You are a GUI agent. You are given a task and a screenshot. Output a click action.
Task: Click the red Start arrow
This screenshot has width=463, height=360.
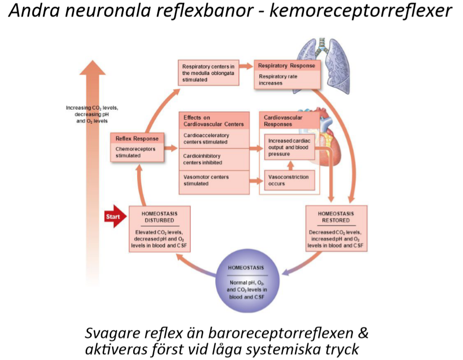tap(113, 217)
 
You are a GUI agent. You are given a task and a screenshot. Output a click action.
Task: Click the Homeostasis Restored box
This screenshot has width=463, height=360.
tap(336, 228)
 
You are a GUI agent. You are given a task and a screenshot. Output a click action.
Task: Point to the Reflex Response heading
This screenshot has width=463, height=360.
tap(137, 139)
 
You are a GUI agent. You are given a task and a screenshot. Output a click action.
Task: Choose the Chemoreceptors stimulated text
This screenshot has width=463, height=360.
tap(137, 152)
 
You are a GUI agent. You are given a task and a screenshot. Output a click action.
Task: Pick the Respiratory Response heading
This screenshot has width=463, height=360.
tap(286, 66)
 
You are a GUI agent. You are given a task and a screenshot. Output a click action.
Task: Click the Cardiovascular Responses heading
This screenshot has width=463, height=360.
tap(283, 121)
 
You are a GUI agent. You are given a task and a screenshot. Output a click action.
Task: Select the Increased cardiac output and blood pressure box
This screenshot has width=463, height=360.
tap(289, 147)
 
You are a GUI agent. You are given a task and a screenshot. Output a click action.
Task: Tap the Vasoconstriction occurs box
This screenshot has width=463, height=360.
tap(289, 180)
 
